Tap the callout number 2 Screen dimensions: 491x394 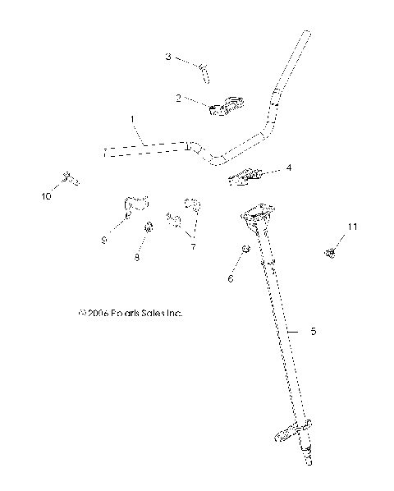pyautogui.click(x=177, y=98)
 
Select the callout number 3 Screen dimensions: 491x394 pyautogui.click(x=168, y=57)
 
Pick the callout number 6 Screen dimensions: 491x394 pyautogui.click(x=230, y=279)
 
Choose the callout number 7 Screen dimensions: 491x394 pyautogui.click(x=193, y=246)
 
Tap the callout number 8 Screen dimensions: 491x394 pyautogui.click(x=137, y=258)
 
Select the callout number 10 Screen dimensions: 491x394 pyautogui.click(x=46, y=197)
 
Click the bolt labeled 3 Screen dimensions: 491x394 pyautogui.click(x=203, y=71)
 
